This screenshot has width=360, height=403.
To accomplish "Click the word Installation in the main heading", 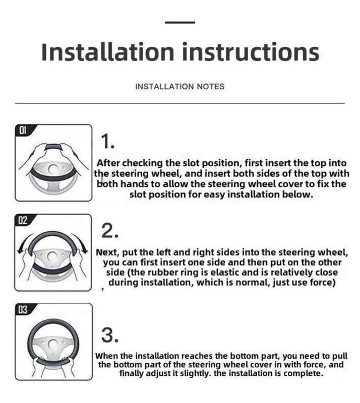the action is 108,52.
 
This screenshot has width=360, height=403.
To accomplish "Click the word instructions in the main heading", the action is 251,52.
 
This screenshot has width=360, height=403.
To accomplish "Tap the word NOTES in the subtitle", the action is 210,86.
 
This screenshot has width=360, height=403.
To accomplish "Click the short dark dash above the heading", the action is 180,22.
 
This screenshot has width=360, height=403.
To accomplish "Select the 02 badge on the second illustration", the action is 23,220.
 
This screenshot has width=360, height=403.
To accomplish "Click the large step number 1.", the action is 107,142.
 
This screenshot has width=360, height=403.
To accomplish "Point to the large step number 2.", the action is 110,231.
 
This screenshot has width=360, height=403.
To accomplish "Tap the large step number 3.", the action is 110,335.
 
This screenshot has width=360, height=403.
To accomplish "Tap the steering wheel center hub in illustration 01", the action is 53,169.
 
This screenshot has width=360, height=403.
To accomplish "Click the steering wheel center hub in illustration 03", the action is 53,344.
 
